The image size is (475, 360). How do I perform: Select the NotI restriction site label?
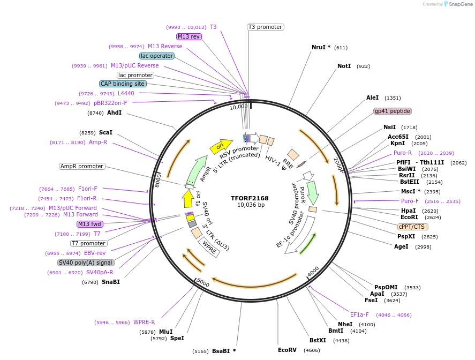[x=344, y=66]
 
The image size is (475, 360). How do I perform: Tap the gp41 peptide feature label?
[x=393, y=111]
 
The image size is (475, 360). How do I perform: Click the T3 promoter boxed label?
[x=265, y=27]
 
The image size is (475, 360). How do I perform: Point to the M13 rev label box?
[x=189, y=36]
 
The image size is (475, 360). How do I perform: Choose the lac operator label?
[x=156, y=56]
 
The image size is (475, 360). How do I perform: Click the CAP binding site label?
[x=123, y=84]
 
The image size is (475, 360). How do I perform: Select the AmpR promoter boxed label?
[x=82, y=166]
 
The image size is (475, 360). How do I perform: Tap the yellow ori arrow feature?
[x=221, y=145]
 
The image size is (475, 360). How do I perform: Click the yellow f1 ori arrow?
[x=188, y=199]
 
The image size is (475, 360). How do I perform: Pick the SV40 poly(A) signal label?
[x=86, y=262]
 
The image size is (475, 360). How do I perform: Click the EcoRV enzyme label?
[x=287, y=350]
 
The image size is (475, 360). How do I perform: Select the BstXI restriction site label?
[x=318, y=340]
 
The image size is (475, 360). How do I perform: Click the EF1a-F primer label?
[x=359, y=314]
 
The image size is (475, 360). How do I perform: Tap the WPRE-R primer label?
[x=144, y=322]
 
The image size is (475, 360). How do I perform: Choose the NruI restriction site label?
[x=321, y=47]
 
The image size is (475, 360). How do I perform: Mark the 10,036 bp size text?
[x=251, y=205]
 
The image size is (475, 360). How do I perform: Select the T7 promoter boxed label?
[x=88, y=243]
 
